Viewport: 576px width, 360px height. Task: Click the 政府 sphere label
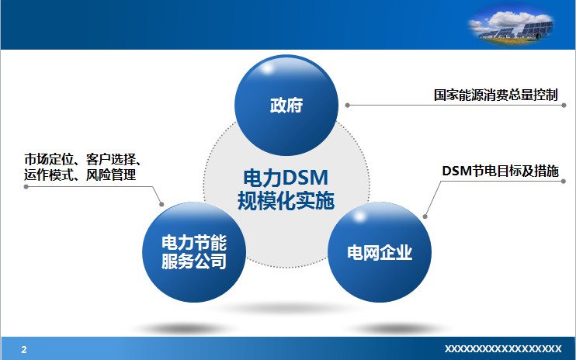[x=286, y=106]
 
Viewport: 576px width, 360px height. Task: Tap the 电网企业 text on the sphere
[x=380, y=253]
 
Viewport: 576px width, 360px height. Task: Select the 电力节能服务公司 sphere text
[x=194, y=252]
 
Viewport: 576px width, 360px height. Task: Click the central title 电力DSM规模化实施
[x=286, y=189]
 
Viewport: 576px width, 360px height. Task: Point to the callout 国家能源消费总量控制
[x=495, y=95]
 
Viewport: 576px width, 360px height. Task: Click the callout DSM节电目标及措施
[x=501, y=171]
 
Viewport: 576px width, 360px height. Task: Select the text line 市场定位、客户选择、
[x=83, y=160]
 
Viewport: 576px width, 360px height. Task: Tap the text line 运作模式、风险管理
[x=80, y=175]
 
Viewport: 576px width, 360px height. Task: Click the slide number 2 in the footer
[x=24, y=349]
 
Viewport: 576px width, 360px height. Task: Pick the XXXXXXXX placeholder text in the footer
[x=503, y=348]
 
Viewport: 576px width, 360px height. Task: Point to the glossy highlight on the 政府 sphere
[x=267, y=68]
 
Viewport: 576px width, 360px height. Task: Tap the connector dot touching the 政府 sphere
[x=347, y=106]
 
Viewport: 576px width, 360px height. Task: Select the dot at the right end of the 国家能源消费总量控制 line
[x=564, y=106]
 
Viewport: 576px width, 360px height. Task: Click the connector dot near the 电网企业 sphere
[x=425, y=216]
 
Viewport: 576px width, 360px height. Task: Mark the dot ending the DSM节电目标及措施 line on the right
[x=564, y=181]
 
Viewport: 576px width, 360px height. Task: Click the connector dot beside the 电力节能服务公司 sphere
[x=161, y=204]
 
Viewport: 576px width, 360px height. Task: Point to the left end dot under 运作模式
[x=26, y=186]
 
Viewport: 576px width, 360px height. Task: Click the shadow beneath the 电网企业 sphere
[x=395, y=327]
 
